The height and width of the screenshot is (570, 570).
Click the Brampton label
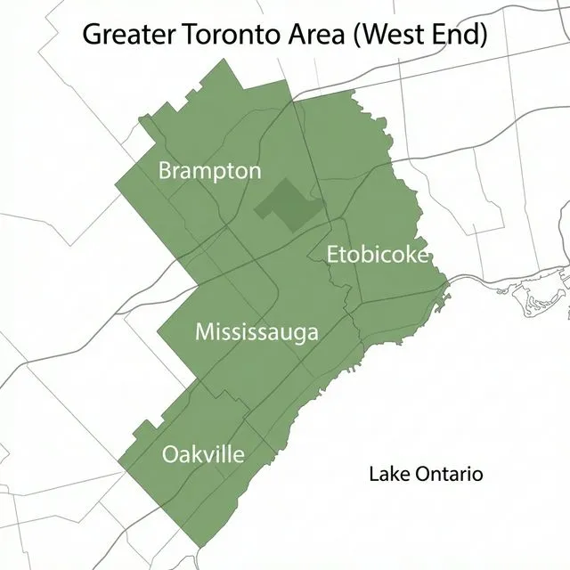pos(210,171)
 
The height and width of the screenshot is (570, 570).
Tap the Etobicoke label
pos(378,255)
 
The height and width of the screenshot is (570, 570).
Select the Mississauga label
pos(256,333)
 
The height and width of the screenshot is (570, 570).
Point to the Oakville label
pos(203,454)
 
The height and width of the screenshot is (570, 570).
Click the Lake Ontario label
pos(426,474)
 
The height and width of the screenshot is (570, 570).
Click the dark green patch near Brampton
pos(286,205)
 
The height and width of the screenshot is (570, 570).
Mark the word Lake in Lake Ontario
pos(387,474)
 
